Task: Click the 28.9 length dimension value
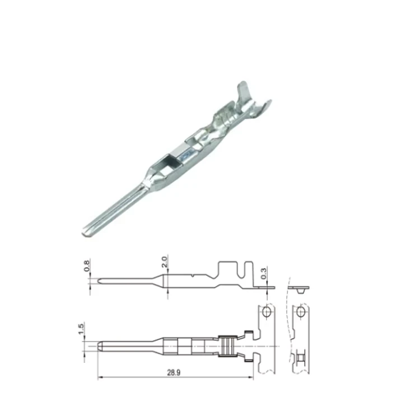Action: point(174,372)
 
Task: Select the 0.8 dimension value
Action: point(87,265)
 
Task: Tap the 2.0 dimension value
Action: point(164,262)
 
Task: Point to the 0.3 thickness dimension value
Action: point(264,273)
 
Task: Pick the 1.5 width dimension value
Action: point(81,329)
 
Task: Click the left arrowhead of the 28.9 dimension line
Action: point(100,377)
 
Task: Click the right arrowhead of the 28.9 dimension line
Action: point(251,377)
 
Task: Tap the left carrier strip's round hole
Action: point(266,311)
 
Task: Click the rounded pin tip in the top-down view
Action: point(99,346)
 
